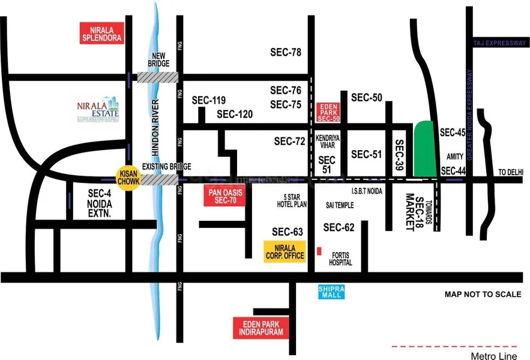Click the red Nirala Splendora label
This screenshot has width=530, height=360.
pyautogui.click(x=102, y=33)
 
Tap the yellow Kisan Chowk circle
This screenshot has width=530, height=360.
pyautogui.click(x=128, y=178)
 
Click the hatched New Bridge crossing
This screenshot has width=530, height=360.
pyautogui.click(x=158, y=77)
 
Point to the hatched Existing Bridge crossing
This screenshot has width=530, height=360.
pyautogui.click(x=158, y=179)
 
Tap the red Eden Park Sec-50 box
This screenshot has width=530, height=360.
pyautogui.click(x=328, y=112)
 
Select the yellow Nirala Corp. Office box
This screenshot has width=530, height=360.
pyautogui.click(x=285, y=251)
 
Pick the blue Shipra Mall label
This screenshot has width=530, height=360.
pyautogui.click(x=331, y=292)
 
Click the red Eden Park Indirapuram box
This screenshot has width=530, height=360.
pyautogui.click(x=257, y=328)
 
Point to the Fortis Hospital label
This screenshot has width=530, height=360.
pyautogui.click(x=340, y=259)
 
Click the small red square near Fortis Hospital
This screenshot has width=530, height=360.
pyautogui.click(x=319, y=250)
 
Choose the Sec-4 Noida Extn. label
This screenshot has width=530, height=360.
pyautogui.click(x=100, y=203)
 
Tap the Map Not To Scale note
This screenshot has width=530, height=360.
pyautogui.click(x=482, y=295)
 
